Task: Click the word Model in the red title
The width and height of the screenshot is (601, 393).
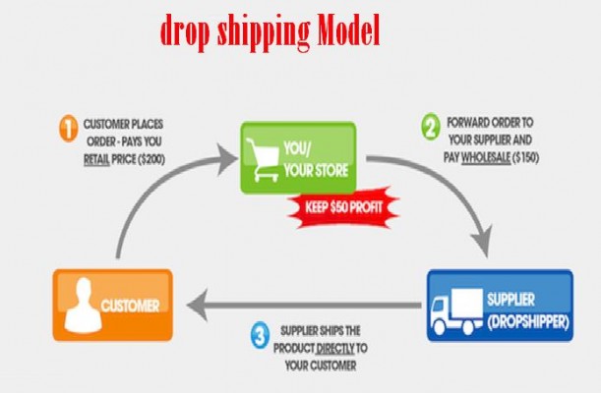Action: tap(348, 30)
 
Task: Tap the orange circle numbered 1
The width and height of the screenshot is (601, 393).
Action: tap(69, 128)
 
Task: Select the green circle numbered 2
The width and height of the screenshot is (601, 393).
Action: tap(431, 127)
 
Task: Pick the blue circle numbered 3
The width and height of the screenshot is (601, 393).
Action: tap(261, 336)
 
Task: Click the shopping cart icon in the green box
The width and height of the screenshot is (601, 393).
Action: tap(263, 159)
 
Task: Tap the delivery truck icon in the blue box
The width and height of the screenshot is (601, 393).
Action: tap(456, 311)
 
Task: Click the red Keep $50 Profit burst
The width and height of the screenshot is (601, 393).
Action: tap(344, 207)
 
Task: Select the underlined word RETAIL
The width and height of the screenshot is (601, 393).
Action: tap(96, 159)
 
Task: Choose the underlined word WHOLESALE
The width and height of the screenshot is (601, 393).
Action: tap(486, 157)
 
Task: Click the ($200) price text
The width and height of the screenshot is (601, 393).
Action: tap(151, 159)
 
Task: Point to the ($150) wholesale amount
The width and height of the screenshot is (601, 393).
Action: tap(525, 157)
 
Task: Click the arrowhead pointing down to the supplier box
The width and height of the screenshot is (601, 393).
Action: tap(483, 241)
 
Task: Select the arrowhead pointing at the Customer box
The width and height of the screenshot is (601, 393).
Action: tap(198, 305)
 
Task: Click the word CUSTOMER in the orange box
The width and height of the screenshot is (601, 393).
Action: tap(130, 306)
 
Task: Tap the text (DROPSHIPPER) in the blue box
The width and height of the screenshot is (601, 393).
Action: tap(528, 321)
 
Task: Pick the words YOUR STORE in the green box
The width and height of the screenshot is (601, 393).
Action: tap(316, 170)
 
